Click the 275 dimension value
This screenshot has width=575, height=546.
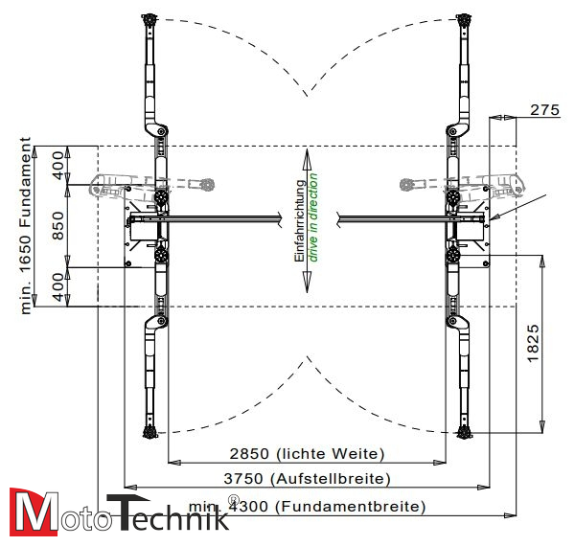(x=543, y=110)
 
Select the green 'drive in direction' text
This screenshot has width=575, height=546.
(x=312, y=221)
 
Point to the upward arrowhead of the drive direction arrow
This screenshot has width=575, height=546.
(x=307, y=155)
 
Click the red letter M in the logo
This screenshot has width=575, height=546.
(x=31, y=512)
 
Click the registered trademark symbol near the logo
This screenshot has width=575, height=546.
(x=233, y=498)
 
